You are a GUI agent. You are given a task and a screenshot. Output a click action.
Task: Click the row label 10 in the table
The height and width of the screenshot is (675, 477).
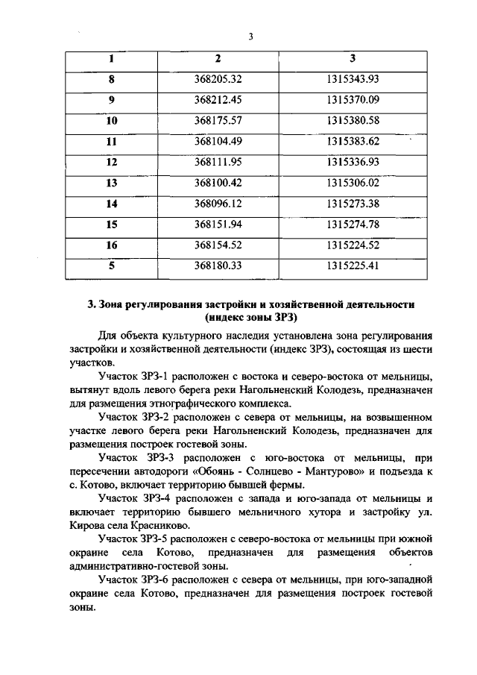coord(112,120)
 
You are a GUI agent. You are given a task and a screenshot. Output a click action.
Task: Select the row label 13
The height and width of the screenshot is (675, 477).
coord(112,183)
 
